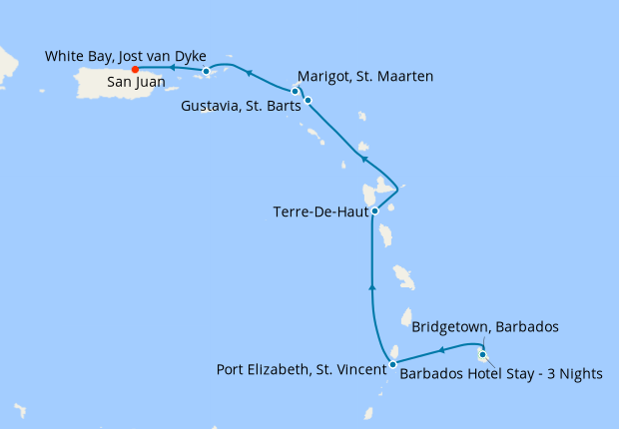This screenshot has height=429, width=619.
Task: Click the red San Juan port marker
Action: (x=135, y=69)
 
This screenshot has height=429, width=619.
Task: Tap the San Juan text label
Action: (x=136, y=84)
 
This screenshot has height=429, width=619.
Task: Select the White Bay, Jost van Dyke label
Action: (x=126, y=56)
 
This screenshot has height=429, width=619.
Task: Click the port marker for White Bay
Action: (x=206, y=71)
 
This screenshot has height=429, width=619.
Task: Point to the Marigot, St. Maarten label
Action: (x=364, y=75)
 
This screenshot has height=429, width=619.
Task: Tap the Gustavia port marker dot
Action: (x=309, y=100)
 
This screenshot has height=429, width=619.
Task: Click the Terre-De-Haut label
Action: (x=318, y=212)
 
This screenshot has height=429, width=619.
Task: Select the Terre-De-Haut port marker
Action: (x=374, y=211)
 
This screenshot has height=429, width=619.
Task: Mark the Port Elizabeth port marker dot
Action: (x=392, y=364)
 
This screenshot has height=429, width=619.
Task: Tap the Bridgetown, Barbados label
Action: (x=485, y=326)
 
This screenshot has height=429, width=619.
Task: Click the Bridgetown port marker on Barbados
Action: (x=482, y=354)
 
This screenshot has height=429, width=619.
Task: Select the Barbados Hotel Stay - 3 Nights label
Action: (x=501, y=374)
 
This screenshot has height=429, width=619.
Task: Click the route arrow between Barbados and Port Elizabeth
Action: (x=441, y=350)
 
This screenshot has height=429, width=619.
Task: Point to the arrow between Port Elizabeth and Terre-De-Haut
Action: (x=372, y=286)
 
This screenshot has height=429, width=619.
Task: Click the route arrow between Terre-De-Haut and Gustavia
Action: (x=364, y=159)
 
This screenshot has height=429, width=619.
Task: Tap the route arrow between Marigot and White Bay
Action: (x=249, y=72)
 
